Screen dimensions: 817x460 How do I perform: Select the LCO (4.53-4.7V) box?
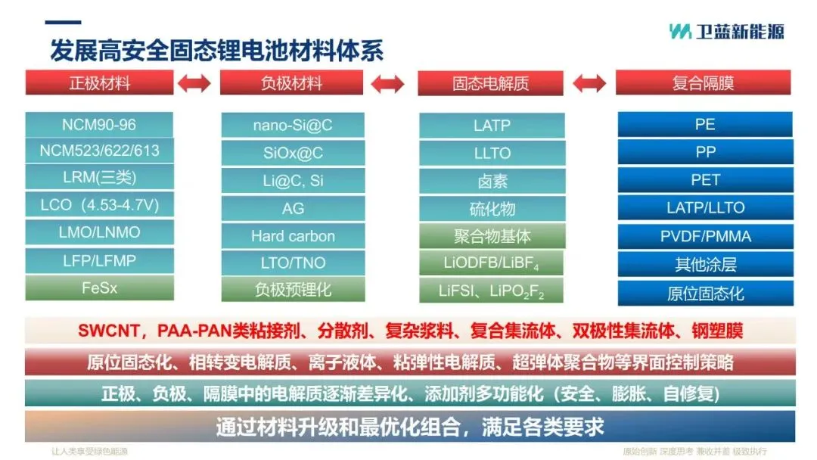99,204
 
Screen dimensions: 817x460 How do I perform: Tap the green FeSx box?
99,287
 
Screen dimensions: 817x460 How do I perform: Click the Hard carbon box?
293,236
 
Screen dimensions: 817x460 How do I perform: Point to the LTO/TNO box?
293,263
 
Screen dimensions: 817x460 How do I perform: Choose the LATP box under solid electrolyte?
492,126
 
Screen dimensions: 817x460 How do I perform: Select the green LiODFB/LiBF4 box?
492,263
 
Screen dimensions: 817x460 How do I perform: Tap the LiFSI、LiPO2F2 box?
492,291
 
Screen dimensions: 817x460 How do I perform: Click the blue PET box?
705,180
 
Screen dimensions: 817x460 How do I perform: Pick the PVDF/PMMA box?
705,236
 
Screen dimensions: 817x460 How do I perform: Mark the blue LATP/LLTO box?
705,207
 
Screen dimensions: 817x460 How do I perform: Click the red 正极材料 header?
99,83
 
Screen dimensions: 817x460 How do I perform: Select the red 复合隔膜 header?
703,83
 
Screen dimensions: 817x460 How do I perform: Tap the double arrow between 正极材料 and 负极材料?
194,83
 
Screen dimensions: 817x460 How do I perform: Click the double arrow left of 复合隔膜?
589,83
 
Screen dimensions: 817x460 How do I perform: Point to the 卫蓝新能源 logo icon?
680,31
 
